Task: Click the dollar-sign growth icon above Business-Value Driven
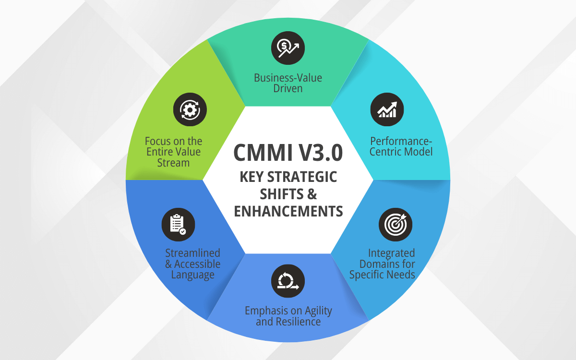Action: point(288,47)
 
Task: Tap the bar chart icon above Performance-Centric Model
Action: point(387,109)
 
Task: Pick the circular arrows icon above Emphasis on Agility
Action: point(288,281)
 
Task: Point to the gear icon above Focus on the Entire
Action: point(190,109)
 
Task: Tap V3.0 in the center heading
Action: point(321,153)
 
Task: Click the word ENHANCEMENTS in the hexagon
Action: point(288,211)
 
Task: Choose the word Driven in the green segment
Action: point(288,88)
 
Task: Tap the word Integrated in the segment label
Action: point(391,253)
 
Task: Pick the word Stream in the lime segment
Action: point(174,163)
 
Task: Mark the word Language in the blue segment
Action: point(192,275)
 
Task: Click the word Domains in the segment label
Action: point(387,264)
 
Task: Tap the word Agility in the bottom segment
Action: point(318,311)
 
